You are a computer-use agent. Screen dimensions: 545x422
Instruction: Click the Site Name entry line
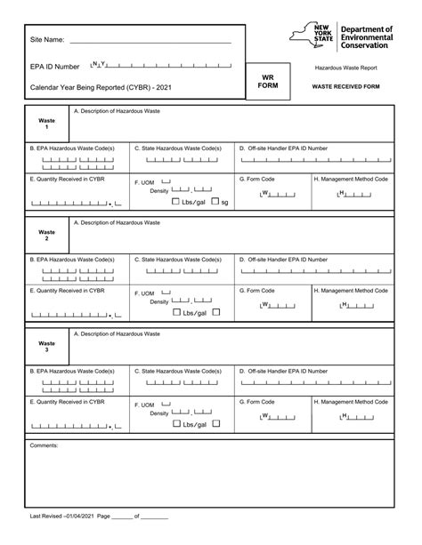(150, 42)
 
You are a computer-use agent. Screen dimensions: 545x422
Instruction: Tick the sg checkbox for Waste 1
(215, 202)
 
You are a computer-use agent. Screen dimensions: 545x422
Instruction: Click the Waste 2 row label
(46, 234)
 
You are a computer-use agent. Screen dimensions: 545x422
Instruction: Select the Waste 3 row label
(46, 345)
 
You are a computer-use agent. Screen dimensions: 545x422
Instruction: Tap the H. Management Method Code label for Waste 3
(352, 403)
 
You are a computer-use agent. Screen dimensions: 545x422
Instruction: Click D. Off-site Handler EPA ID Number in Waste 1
(283, 148)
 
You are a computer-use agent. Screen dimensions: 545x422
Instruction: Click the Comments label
(44, 445)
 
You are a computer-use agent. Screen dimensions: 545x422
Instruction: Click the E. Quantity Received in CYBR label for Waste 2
(68, 290)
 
